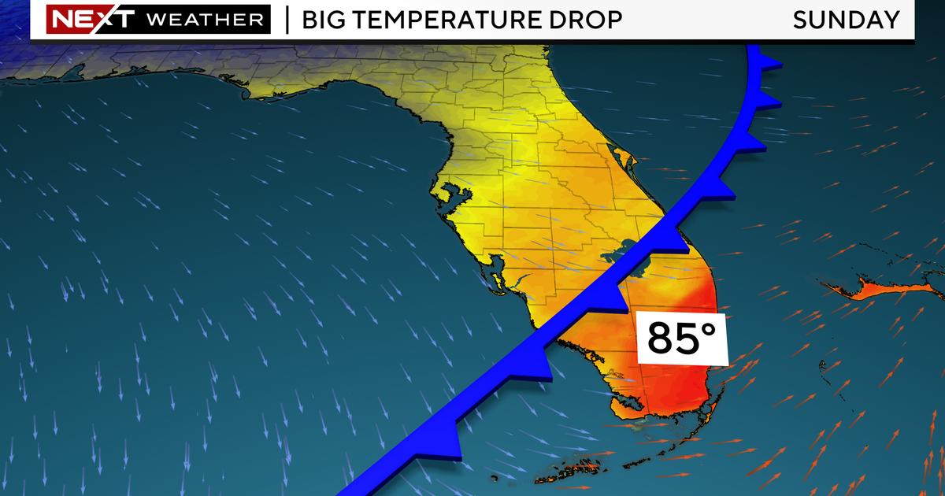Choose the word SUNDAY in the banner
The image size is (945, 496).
846,20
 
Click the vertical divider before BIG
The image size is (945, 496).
287,20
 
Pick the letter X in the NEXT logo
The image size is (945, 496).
91,20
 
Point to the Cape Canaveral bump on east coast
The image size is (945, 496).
635,161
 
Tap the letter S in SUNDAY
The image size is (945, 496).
801,20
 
